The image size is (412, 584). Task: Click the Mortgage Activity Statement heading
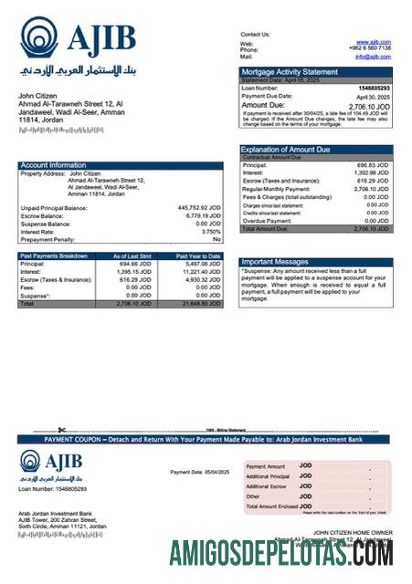(x=289, y=71)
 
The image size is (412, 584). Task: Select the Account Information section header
(x=54, y=165)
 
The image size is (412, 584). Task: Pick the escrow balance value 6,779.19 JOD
(x=202, y=215)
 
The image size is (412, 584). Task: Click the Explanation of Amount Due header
(x=285, y=149)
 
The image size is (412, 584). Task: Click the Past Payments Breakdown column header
(x=55, y=256)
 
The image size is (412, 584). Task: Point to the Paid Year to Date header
(x=198, y=256)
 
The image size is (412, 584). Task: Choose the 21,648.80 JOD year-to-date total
(x=200, y=303)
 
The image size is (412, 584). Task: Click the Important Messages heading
(x=277, y=262)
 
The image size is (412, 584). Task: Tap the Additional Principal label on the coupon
(x=268, y=476)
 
